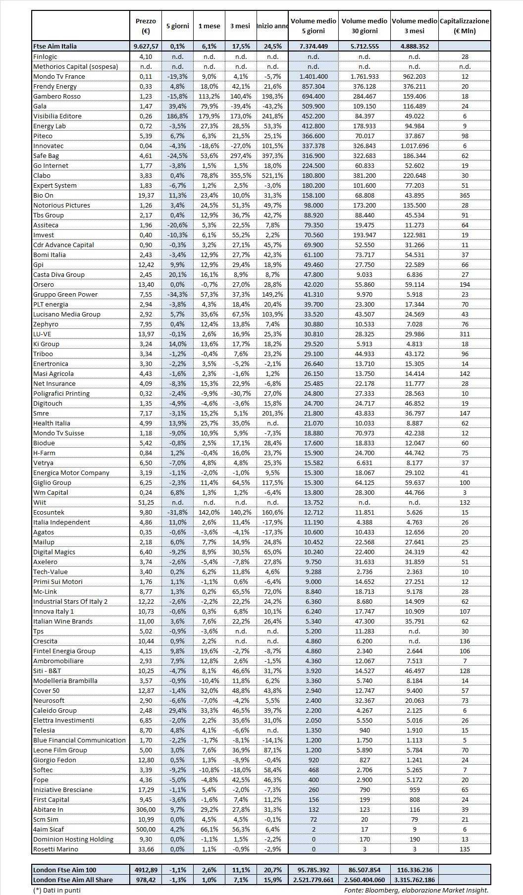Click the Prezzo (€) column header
tap(146, 26)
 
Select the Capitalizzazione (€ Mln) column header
tap(465, 26)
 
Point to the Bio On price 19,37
tap(146, 195)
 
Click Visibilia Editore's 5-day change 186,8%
tap(177, 116)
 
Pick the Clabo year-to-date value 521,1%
tap(272, 175)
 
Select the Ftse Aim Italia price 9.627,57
tap(146, 46)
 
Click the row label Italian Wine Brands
tap(63, 621)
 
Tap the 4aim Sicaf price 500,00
tap(146, 829)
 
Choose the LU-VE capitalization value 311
tap(465, 334)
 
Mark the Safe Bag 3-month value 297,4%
tap(241, 156)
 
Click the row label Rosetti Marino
tap(55, 849)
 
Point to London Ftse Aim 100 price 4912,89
tap(146, 870)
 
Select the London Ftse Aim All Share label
tap(73, 880)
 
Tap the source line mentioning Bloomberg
tap(416, 890)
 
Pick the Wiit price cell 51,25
tap(146, 502)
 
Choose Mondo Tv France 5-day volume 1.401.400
tap(313, 76)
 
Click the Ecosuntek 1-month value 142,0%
tap(209, 512)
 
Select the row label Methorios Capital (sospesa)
tap(75, 66)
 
